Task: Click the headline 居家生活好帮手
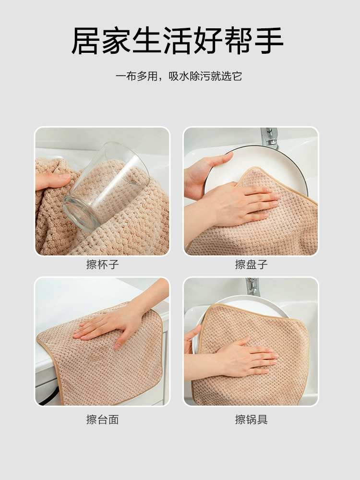click(177, 41)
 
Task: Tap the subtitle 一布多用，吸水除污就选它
click(179, 76)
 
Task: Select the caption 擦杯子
click(102, 264)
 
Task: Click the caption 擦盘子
click(252, 264)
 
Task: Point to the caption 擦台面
click(102, 420)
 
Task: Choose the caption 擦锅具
click(252, 420)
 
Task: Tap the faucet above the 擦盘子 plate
click(269, 138)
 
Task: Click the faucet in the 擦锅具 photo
click(253, 287)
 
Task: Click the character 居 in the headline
click(86, 41)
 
